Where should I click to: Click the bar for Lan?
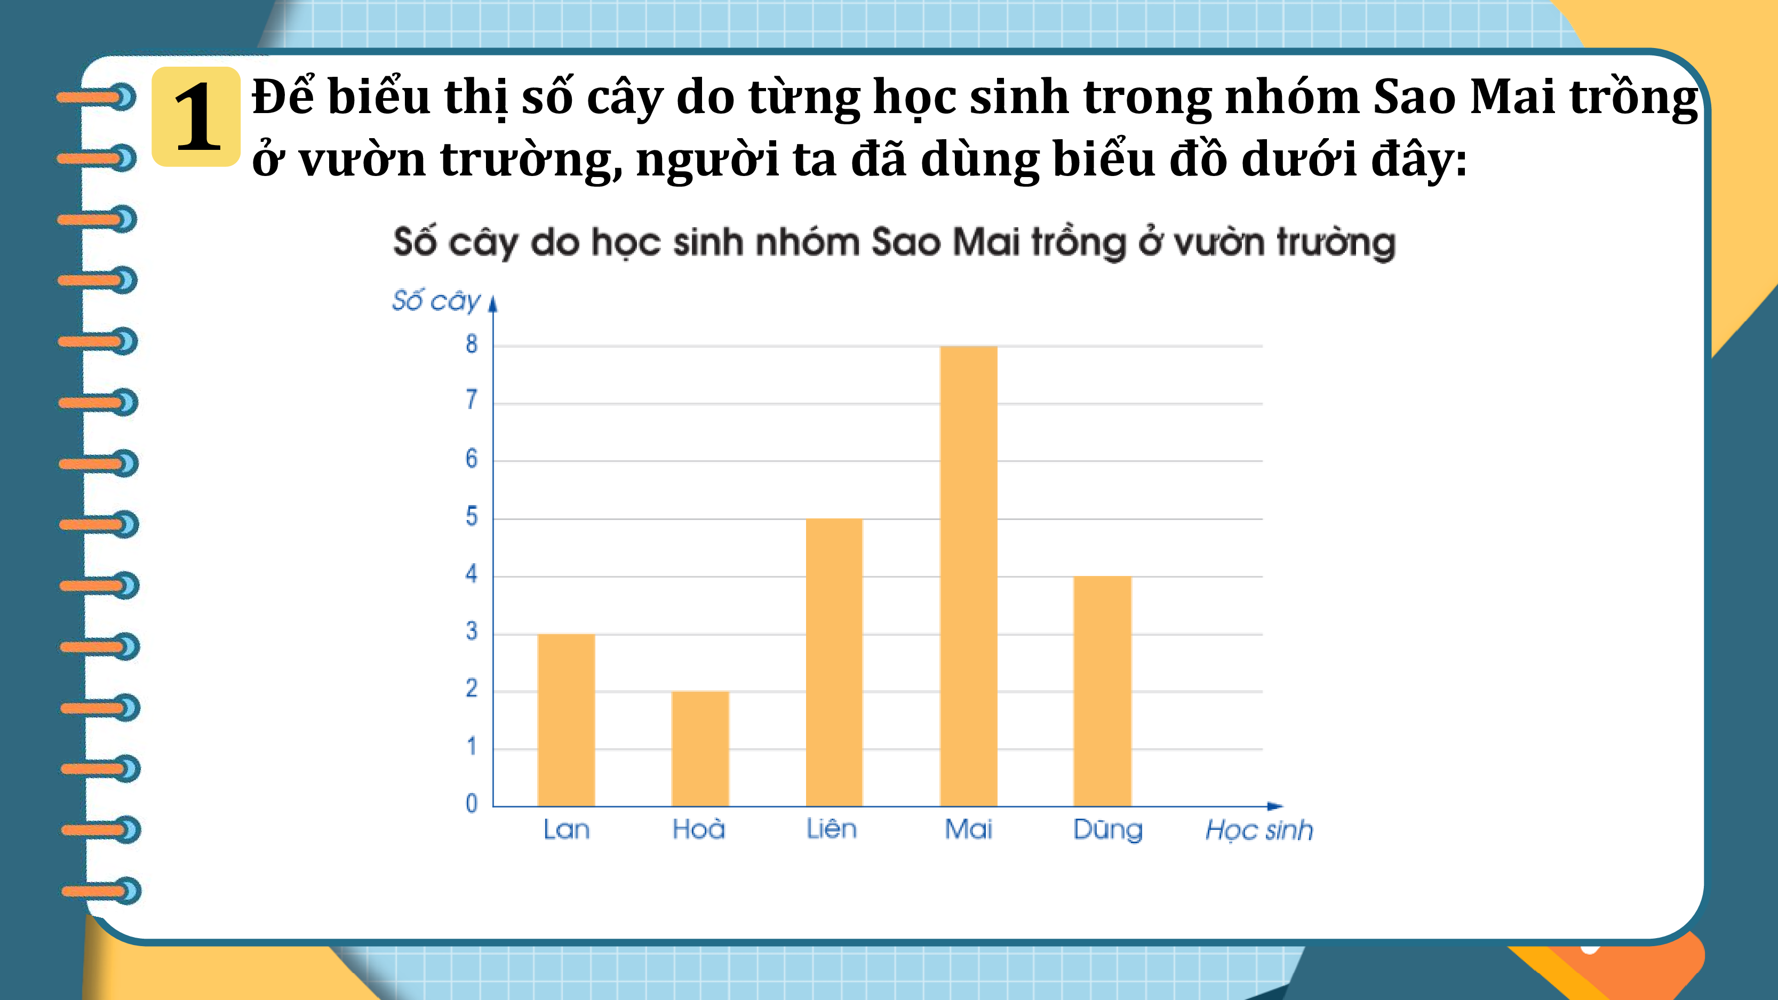(566, 720)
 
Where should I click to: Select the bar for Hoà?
(700, 749)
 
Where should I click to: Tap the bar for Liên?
(834, 662)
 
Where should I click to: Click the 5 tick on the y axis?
(472, 516)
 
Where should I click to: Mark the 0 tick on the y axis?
(472, 803)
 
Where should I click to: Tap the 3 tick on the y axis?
(472, 631)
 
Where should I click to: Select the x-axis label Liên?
(832, 828)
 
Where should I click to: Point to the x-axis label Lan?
(567, 829)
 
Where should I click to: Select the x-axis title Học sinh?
(1259, 830)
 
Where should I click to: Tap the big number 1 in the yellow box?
(197, 117)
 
